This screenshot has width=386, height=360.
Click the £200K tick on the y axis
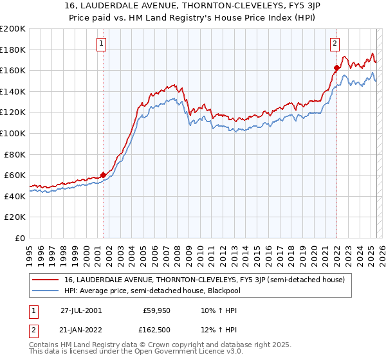coord(13,29)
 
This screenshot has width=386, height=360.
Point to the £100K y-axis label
coord(13,133)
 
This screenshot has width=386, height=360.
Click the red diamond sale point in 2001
coord(103,175)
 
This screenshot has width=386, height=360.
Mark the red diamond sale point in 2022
coord(336,67)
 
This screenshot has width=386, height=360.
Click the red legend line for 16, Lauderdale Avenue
coord(46,280)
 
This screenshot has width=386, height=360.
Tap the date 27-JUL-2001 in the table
coord(80,310)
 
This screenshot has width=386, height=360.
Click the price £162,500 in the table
coord(158,330)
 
